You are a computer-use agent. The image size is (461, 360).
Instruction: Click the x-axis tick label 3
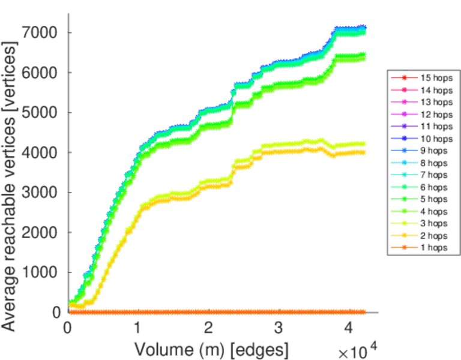coord(279,328)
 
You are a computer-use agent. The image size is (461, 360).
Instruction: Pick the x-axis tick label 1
coord(138,328)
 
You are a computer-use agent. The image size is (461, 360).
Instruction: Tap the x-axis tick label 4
coord(349,328)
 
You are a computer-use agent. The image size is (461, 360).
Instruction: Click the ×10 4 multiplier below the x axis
coord(360,350)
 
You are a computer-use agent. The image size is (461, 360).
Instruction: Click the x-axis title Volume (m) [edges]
coord(211,349)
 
